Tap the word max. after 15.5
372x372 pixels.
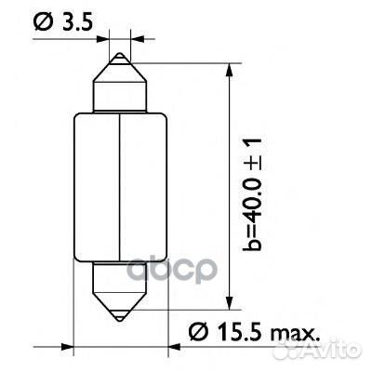pos(296,330)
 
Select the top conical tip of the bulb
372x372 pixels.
pos(122,63)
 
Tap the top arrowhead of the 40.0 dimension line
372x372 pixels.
pos(229,71)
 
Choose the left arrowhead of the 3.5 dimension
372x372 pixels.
pos(104,39)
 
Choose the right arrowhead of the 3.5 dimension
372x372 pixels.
pos(139,39)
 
